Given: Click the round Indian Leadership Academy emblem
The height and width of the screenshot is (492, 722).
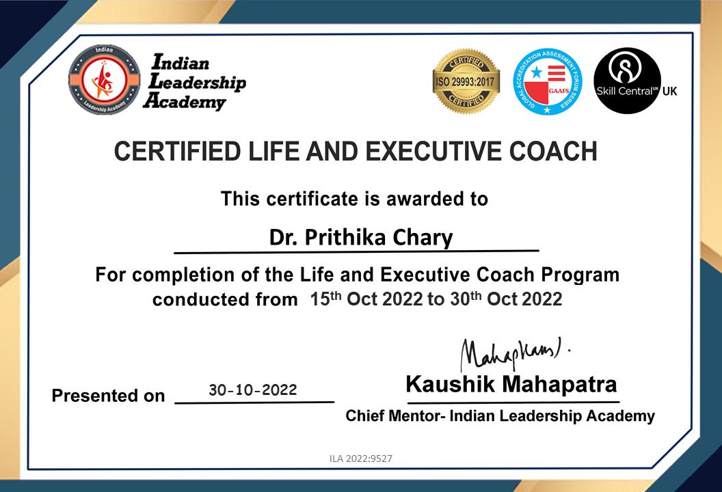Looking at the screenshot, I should point(104,80).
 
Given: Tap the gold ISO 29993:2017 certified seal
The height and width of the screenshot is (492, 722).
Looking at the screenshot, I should point(466,81).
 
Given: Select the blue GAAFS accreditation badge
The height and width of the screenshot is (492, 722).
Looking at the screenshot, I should point(548,81).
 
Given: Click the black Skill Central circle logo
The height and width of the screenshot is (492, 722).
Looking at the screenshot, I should point(627,81).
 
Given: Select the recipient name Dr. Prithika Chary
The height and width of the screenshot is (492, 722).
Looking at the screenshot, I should point(360,238).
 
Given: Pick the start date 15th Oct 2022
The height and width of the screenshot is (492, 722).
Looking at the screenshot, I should point(366,299).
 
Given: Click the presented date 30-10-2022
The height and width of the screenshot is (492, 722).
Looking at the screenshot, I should point(253,390).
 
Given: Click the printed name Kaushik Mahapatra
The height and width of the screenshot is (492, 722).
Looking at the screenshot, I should point(511,384).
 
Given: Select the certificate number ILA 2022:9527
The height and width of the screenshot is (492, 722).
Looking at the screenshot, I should point(361,459).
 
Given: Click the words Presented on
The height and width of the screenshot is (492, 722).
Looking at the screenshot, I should point(108,396).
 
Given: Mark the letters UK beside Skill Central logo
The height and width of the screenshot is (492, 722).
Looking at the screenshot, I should point(670,91).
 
